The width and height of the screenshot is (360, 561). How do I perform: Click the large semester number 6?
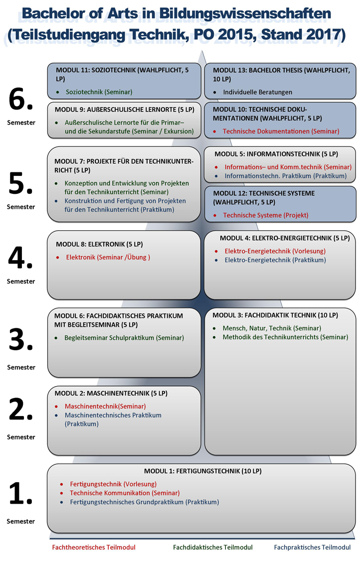click(x=21, y=101)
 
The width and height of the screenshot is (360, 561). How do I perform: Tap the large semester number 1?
click(x=21, y=495)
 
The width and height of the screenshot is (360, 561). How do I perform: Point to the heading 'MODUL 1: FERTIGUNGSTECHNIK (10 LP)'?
click(x=202, y=471)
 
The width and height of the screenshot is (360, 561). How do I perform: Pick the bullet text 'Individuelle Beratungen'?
click(x=257, y=92)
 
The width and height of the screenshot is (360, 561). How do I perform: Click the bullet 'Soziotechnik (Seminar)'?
click(x=99, y=92)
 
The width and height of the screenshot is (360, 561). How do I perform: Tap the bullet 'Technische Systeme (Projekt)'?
click(x=265, y=215)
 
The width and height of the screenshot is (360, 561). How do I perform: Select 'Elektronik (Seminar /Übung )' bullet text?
click(x=108, y=257)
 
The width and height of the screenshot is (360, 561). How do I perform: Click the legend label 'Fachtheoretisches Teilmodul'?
click(x=94, y=547)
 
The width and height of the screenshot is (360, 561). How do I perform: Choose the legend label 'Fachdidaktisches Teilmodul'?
click(x=213, y=547)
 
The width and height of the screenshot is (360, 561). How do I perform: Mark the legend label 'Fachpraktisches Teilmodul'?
click(x=312, y=547)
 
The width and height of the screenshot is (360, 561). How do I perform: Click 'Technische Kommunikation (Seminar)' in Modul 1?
click(x=125, y=493)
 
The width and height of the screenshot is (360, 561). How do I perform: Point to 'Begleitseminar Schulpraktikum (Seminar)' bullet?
click(x=124, y=338)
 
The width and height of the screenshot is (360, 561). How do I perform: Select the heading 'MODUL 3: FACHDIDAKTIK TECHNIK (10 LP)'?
click(x=275, y=315)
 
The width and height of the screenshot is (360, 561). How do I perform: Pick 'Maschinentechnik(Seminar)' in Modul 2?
click(x=105, y=406)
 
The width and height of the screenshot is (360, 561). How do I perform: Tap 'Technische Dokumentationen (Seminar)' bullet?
click(x=281, y=131)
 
